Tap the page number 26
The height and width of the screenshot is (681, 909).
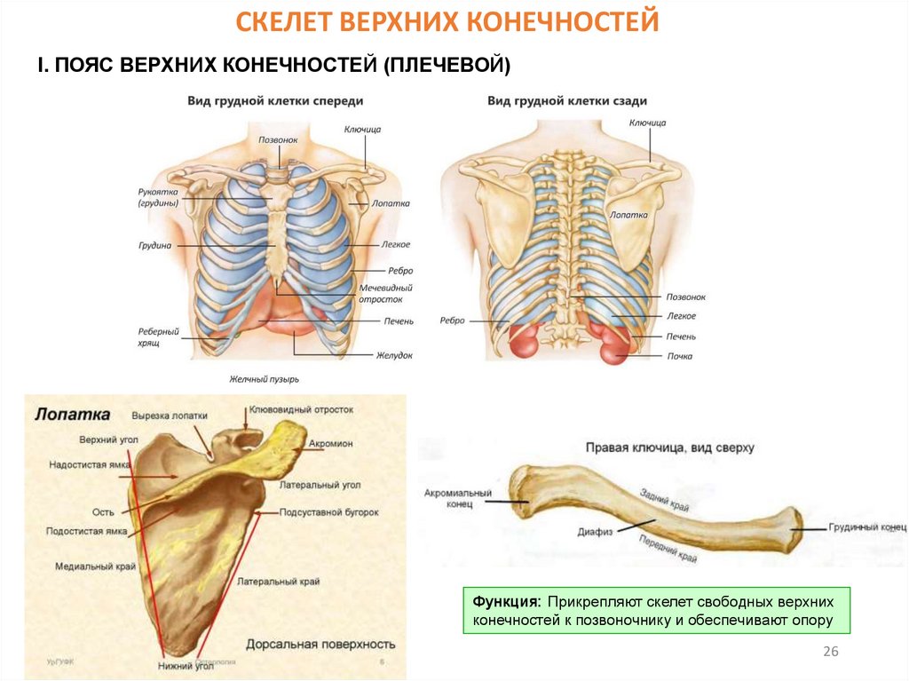pos(831,652)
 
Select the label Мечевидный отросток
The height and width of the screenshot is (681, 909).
pos(385,294)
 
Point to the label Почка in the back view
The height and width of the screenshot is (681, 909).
pos(680,356)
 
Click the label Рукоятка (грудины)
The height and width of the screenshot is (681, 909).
pos(158,197)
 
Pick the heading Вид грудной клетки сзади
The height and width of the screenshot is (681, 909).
pos(566,101)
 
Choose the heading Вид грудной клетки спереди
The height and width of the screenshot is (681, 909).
pos(274,101)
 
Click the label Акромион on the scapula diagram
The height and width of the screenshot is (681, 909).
pos(332,443)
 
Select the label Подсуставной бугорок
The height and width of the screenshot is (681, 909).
pos(329,512)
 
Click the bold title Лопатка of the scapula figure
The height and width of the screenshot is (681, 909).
pos(72,414)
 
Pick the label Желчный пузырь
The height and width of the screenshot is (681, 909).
pos(265,379)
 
